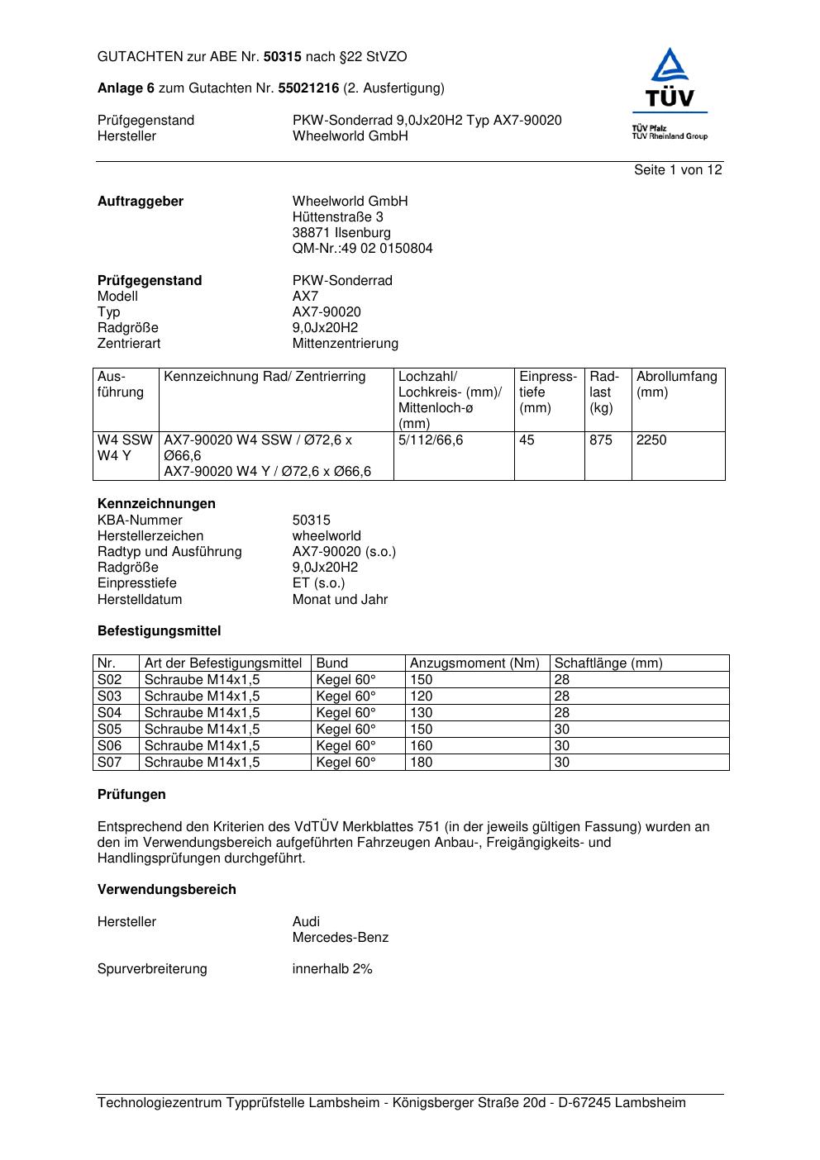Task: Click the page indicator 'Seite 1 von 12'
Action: tap(678, 170)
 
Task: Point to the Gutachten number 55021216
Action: tap(308, 88)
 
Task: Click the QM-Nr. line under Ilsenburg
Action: tap(362, 249)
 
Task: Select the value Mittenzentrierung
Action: tap(345, 344)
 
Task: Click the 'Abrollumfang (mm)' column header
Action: tap(676, 384)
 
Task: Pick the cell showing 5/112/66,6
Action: tap(430, 440)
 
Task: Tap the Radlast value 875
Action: tap(601, 440)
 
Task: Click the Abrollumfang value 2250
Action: tap(651, 440)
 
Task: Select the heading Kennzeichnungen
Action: tap(156, 504)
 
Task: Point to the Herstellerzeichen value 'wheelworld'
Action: tap(327, 536)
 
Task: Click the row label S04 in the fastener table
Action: tap(109, 713)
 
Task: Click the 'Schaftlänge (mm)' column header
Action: tap(608, 663)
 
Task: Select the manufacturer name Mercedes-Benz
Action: tap(340, 938)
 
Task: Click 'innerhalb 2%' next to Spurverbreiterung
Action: tap(331, 969)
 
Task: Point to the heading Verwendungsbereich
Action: tap(166, 890)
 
